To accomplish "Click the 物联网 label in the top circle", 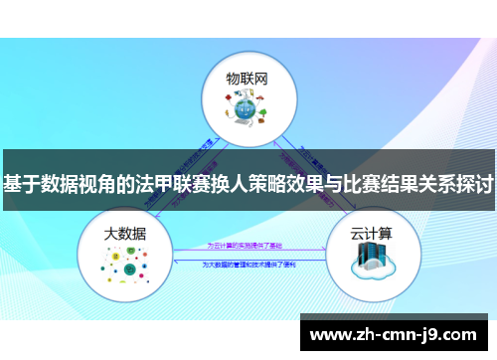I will click(x=248, y=78).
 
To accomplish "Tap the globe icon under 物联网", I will click(x=248, y=108).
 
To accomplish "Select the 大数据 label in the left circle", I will click(x=125, y=234).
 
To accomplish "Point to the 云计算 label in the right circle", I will click(x=370, y=234).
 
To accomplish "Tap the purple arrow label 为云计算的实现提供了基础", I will click(x=248, y=245).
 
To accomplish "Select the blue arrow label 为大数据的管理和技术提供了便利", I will click(x=248, y=265).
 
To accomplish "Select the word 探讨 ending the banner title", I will click(x=472, y=185).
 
